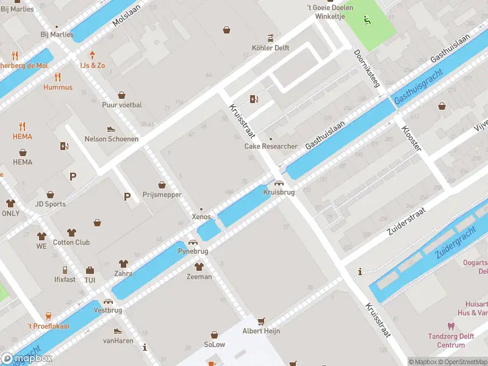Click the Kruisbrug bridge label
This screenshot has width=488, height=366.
[x=279, y=192]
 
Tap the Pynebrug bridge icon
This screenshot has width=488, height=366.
[x=193, y=242]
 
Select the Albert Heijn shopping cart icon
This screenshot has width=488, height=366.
[x=262, y=321]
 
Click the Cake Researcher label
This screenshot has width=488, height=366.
[x=271, y=146]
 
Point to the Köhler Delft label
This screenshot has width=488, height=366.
[x=270, y=48]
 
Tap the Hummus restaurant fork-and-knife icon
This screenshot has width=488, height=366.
[x=58, y=77]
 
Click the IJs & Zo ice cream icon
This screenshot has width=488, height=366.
[x=93, y=55]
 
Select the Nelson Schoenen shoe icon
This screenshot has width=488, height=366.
[x=111, y=129]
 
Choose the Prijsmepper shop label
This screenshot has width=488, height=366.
[x=162, y=195]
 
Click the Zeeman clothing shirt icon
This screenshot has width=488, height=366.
[x=199, y=267]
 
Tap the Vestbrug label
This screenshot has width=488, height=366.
[x=108, y=310]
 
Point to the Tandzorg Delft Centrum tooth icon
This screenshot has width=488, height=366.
[x=451, y=326]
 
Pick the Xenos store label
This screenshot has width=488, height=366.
[x=201, y=217]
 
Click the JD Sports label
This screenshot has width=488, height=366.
[x=51, y=204]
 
